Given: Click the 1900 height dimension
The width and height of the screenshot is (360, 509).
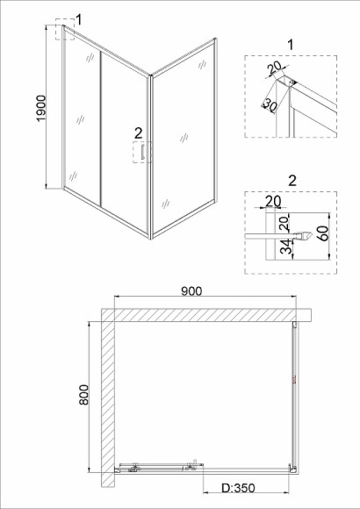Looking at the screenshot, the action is coord(41,108).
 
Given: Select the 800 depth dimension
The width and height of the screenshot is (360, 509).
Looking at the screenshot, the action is coord(83,394).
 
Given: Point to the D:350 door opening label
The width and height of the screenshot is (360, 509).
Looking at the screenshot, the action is coord(238,488).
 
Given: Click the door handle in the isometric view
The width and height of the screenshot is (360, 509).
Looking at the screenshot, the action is coord(142,152).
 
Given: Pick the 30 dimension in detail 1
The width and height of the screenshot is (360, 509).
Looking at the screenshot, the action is coord(270,104).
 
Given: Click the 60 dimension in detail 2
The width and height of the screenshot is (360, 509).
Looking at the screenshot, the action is coord(324,233).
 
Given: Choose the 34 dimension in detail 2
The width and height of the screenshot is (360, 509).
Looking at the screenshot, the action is coord(286,247).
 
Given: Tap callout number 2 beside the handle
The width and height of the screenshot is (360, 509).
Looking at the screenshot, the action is coord(138,133).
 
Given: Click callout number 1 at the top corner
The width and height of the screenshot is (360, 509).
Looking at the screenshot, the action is coord(78,20).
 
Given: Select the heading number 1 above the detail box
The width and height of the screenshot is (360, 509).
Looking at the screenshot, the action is coord(291,45).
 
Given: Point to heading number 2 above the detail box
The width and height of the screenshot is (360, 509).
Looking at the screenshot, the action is coord(292,181).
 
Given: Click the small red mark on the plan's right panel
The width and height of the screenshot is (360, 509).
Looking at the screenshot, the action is coord(294,381).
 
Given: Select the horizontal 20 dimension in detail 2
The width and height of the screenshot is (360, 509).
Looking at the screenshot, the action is coord(273,202).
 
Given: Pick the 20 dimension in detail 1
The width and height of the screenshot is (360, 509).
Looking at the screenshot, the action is coord(274,68).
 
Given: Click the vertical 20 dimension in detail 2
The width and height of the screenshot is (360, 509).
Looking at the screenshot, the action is coord(284,223).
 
